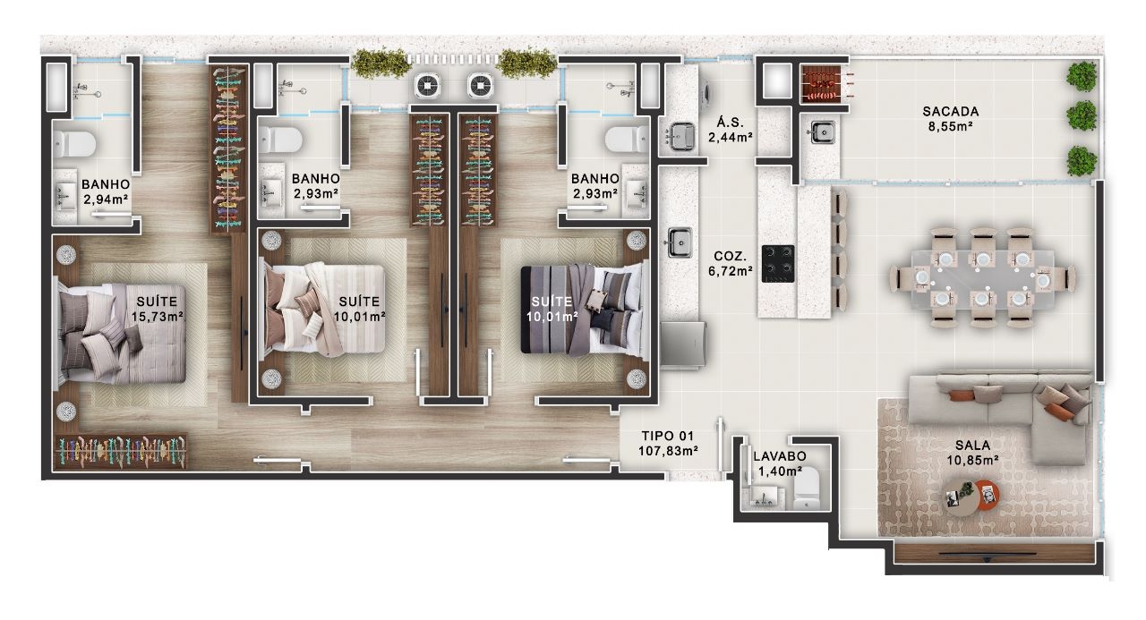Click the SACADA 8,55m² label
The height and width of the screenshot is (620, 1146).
pyautogui.click(x=950, y=119)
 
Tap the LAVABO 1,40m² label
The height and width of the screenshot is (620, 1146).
pyautogui.click(x=780, y=463)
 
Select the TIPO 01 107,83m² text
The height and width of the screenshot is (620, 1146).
pyautogui.click(x=668, y=443)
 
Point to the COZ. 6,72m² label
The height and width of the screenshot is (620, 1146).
pyautogui.click(x=730, y=264)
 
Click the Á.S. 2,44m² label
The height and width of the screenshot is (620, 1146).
pyautogui.click(x=730, y=130)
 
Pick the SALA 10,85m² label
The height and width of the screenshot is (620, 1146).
pyautogui.click(x=972, y=453)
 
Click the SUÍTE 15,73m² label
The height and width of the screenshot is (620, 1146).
pyautogui.click(x=157, y=310)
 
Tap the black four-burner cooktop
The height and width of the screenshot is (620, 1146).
pyautogui.click(x=778, y=264)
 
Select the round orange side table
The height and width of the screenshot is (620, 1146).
pyautogui.click(x=987, y=495)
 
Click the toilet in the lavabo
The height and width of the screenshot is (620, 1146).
pyautogui.click(x=807, y=490)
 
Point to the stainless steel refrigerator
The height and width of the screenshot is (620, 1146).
pyautogui.click(x=683, y=344)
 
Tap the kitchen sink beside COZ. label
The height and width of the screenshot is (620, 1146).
pyautogui.click(x=680, y=242)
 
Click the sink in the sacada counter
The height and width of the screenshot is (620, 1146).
pyautogui.click(x=822, y=132)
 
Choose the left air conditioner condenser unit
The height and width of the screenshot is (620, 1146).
pyautogui.click(x=427, y=86)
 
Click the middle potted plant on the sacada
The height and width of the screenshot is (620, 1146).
pyautogui.click(x=1081, y=115)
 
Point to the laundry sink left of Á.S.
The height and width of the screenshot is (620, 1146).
pyautogui.click(x=681, y=137)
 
